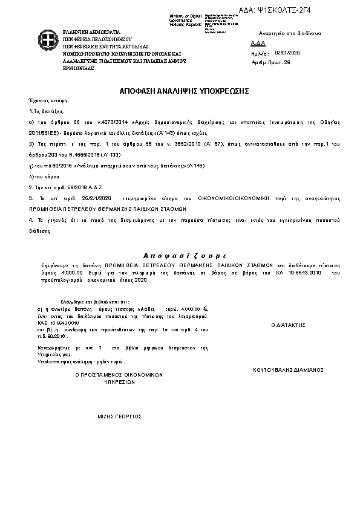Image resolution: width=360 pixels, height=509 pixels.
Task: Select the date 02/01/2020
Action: (x=287, y=53)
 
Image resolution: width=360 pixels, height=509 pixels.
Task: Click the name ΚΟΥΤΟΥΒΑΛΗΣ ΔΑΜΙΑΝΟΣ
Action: (x=288, y=369)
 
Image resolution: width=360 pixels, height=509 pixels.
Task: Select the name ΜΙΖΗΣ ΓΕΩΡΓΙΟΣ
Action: (x=119, y=417)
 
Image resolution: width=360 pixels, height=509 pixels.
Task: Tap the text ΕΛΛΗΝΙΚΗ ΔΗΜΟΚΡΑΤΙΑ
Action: (x=91, y=31)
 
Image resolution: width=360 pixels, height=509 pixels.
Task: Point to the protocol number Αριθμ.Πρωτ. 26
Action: (x=270, y=62)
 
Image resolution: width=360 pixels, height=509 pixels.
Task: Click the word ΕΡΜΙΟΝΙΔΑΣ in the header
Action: (x=78, y=68)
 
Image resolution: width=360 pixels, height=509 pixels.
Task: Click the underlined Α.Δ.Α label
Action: (x=257, y=44)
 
